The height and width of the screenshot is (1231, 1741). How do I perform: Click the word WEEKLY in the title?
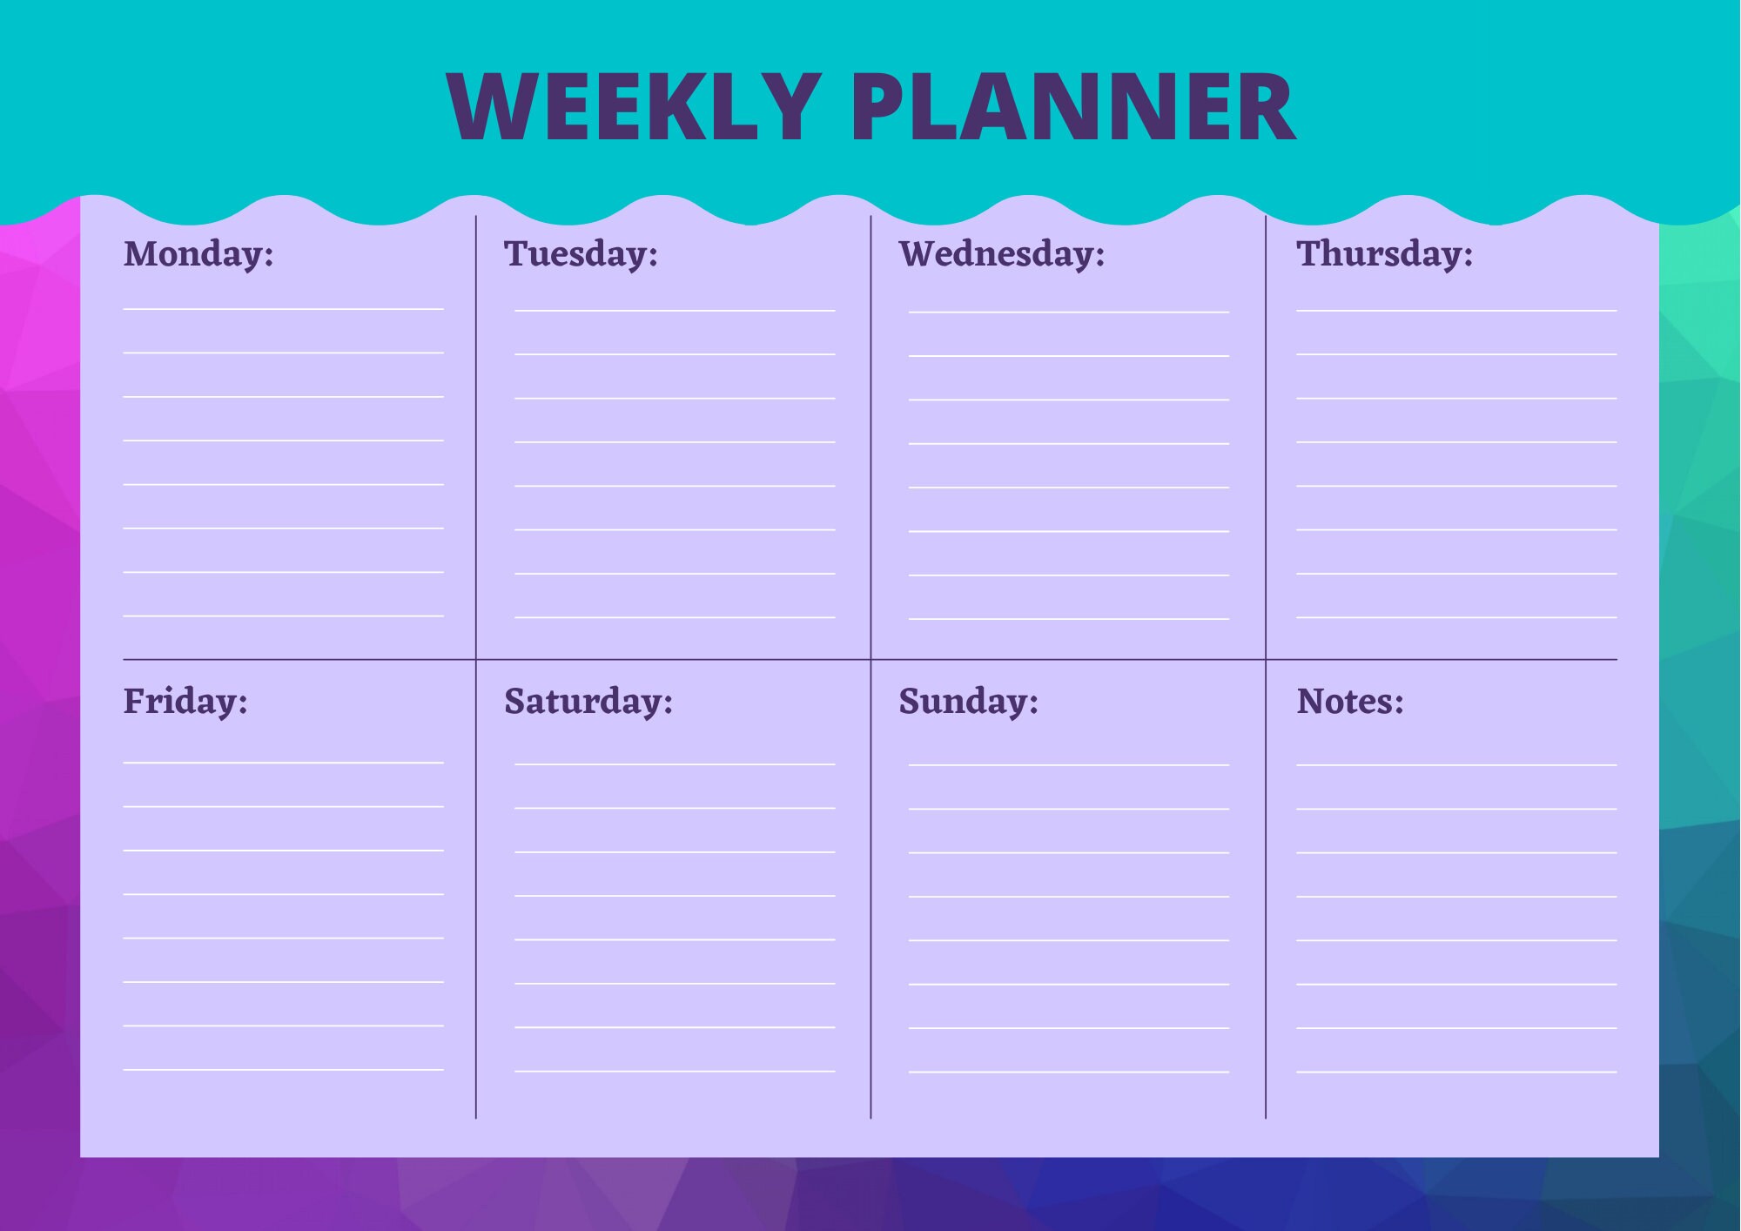(x=633, y=106)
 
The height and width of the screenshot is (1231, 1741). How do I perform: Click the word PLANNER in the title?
(x=1072, y=106)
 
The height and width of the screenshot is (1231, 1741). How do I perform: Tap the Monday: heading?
(x=198, y=254)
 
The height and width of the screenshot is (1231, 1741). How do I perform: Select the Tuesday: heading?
(x=581, y=254)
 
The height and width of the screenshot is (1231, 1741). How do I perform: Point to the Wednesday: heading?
(x=1001, y=254)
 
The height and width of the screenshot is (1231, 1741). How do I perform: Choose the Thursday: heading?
(x=1384, y=254)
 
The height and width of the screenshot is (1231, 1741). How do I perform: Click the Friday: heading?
(x=185, y=702)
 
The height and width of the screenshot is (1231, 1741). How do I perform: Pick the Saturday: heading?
(x=588, y=702)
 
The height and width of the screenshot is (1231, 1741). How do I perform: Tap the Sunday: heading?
(x=968, y=702)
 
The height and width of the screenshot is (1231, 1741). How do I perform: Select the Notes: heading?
(x=1350, y=702)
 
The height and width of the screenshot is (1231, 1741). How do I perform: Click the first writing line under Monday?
(x=283, y=309)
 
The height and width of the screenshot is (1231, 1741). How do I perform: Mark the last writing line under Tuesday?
(x=675, y=617)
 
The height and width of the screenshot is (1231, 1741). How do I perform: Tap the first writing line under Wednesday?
(x=1069, y=312)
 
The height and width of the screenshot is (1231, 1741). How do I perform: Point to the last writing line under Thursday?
(x=1456, y=617)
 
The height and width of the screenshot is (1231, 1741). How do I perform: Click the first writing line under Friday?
(x=283, y=763)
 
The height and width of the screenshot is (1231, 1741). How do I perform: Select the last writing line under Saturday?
(x=675, y=1071)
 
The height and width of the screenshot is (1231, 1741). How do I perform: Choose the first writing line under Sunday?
(x=1069, y=765)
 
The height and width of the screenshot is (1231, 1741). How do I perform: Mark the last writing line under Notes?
(x=1456, y=1072)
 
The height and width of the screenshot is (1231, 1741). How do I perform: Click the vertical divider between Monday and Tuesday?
(x=476, y=435)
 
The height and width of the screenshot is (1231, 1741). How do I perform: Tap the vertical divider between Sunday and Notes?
(x=1266, y=888)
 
